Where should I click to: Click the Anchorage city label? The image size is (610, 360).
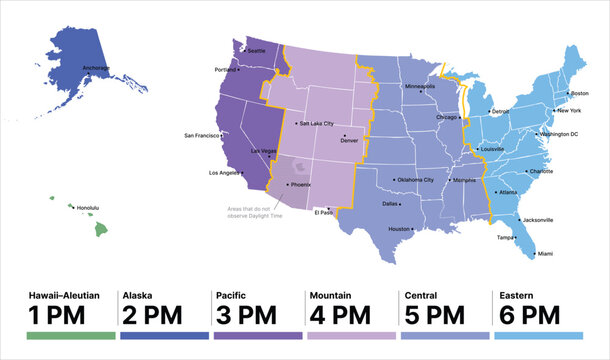click(x=96, y=68)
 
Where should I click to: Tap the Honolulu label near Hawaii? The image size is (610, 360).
click(x=88, y=208)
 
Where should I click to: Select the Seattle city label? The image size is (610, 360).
click(x=257, y=50)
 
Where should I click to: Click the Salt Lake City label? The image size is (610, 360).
click(x=317, y=124)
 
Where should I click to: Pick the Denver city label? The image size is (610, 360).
click(x=349, y=140)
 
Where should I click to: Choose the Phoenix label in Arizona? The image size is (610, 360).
click(x=300, y=184)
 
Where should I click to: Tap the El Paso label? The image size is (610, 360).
click(x=324, y=212)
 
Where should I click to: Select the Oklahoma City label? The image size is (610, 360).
click(x=415, y=180)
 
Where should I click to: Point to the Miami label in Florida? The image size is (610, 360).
click(x=545, y=254)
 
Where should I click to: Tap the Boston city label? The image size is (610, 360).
click(x=580, y=93)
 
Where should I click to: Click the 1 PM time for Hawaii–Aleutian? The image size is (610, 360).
click(x=56, y=315)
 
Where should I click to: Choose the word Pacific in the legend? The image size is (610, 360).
click(x=230, y=296)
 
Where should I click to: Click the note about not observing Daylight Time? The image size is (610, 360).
click(x=253, y=211)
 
